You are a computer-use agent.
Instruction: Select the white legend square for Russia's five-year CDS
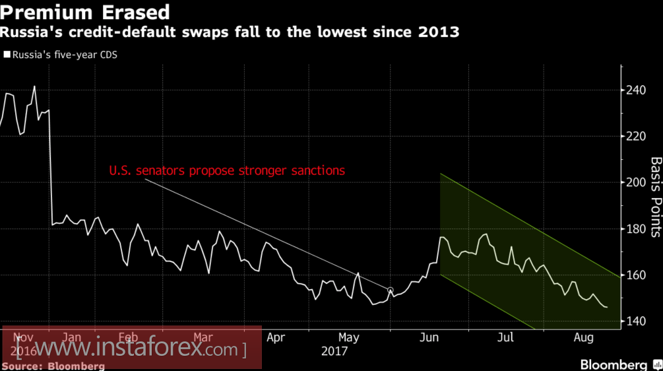pos(7,55)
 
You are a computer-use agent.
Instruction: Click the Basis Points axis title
pos(656,197)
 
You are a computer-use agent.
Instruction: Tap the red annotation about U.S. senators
pos(227,171)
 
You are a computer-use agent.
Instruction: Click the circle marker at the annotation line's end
pos(390,290)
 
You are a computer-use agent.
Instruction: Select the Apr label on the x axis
pos(276,338)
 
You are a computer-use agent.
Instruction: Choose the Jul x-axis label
pos(505,338)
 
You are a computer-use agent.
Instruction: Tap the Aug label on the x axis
pos(583,338)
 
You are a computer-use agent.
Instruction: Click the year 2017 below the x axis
pos(334,351)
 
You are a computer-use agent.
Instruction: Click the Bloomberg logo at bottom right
pos(613,364)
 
